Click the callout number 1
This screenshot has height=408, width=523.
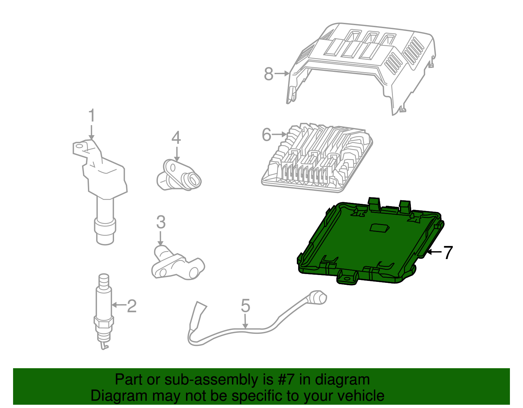point(92,116)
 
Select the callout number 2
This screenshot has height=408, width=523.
point(131,306)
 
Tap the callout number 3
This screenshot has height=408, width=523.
point(160,222)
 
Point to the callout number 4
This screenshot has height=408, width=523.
point(176,138)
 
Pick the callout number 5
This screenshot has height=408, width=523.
point(245,306)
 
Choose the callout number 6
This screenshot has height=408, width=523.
point(266,135)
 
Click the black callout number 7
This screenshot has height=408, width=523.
point(448,252)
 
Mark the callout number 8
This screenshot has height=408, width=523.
point(268,74)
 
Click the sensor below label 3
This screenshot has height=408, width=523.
point(177,265)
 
